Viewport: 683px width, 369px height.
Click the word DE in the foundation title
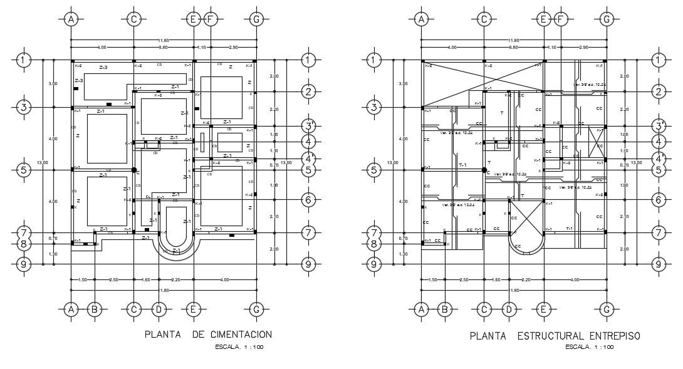(x=198, y=335)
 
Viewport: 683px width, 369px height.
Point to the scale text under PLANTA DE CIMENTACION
(x=239, y=346)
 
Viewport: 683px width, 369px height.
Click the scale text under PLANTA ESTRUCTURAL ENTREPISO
(x=590, y=346)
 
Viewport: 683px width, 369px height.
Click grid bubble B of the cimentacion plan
(x=94, y=308)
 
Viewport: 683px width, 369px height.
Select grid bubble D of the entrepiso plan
(x=509, y=308)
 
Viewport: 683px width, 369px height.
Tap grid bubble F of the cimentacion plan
(x=211, y=19)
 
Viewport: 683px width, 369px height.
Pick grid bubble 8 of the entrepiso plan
(x=373, y=244)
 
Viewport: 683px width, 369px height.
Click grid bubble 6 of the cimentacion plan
(x=308, y=200)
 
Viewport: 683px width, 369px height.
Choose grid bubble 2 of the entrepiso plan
(x=658, y=92)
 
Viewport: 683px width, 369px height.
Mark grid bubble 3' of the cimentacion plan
(x=308, y=125)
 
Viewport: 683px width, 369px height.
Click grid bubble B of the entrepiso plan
(x=444, y=308)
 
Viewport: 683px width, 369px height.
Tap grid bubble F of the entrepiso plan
(x=561, y=19)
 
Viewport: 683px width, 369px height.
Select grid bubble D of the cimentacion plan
(x=159, y=308)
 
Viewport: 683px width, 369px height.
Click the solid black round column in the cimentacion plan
(x=133, y=170)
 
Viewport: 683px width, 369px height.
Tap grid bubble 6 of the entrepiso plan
(x=658, y=200)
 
